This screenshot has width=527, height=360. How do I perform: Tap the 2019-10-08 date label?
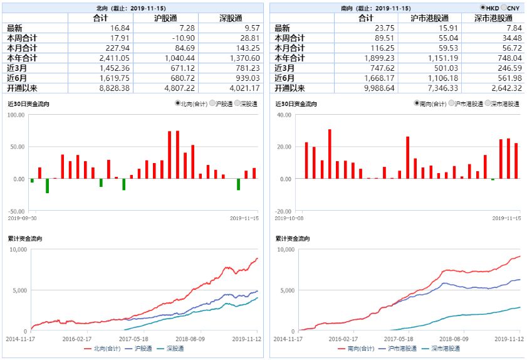(x=289, y=218)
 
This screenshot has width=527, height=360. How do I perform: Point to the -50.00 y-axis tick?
(x=16, y=211)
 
